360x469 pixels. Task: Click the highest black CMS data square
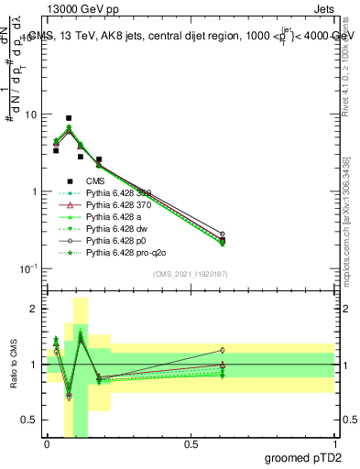(69, 118)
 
